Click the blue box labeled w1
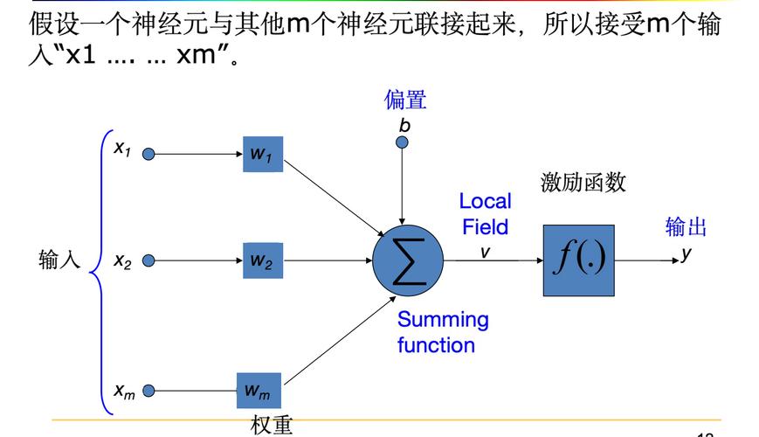click(x=263, y=154)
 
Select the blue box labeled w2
click(x=263, y=260)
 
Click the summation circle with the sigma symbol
click(x=409, y=260)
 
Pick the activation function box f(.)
click(x=578, y=260)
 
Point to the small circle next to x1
click(x=148, y=154)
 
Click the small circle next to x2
click(x=148, y=260)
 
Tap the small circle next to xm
click(x=148, y=391)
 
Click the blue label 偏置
click(x=405, y=100)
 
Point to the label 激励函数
click(x=583, y=183)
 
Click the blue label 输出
click(x=687, y=227)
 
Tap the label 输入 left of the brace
click(x=59, y=260)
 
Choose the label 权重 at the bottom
click(x=272, y=425)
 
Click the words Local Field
click(x=485, y=214)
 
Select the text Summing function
click(x=442, y=332)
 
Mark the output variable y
click(x=687, y=253)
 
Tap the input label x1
click(x=121, y=149)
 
